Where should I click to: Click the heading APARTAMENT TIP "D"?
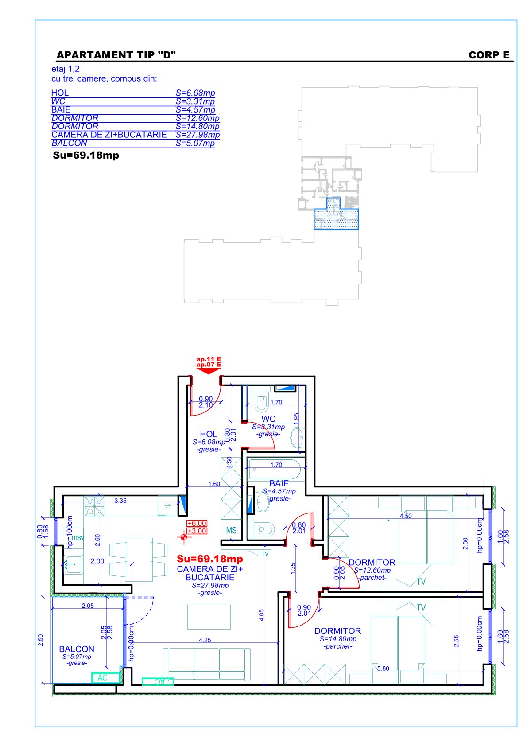pyautogui.click(x=116, y=55)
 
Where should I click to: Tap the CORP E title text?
pyautogui.click(x=489, y=55)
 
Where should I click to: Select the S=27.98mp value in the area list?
pyautogui.click(x=198, y=135)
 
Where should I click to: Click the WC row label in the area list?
pyautogui.click(x=58, y=101)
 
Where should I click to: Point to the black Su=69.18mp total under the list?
pyautogui.click(x=86, y=155)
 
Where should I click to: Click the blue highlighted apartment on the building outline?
pyautogui.click(x=336, y=215)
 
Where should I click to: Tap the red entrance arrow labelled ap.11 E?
pyautogui.click(x=209, y=365)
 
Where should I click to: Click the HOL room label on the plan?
pyautogui.click(x=209, y=434)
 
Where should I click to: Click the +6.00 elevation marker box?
pyautogui.click(x=197, y=523)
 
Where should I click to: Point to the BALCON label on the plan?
pyautogui.click(x=77, y=649)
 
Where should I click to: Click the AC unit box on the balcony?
pyautogui.click(x=105, y=678)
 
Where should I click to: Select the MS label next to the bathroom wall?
pyautogui.click(x=231, y=531)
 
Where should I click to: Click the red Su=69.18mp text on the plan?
pyautogui.click(x=210, y=559)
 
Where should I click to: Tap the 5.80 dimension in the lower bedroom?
pyautogui.click(x=383, y=668)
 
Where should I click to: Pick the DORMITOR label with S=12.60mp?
pyautogui.click(x=372, y=563)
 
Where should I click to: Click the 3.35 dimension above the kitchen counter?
pyautogui.click(x=120, y=501)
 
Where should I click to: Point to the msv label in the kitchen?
pyautogui.click(x=78, y=537)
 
